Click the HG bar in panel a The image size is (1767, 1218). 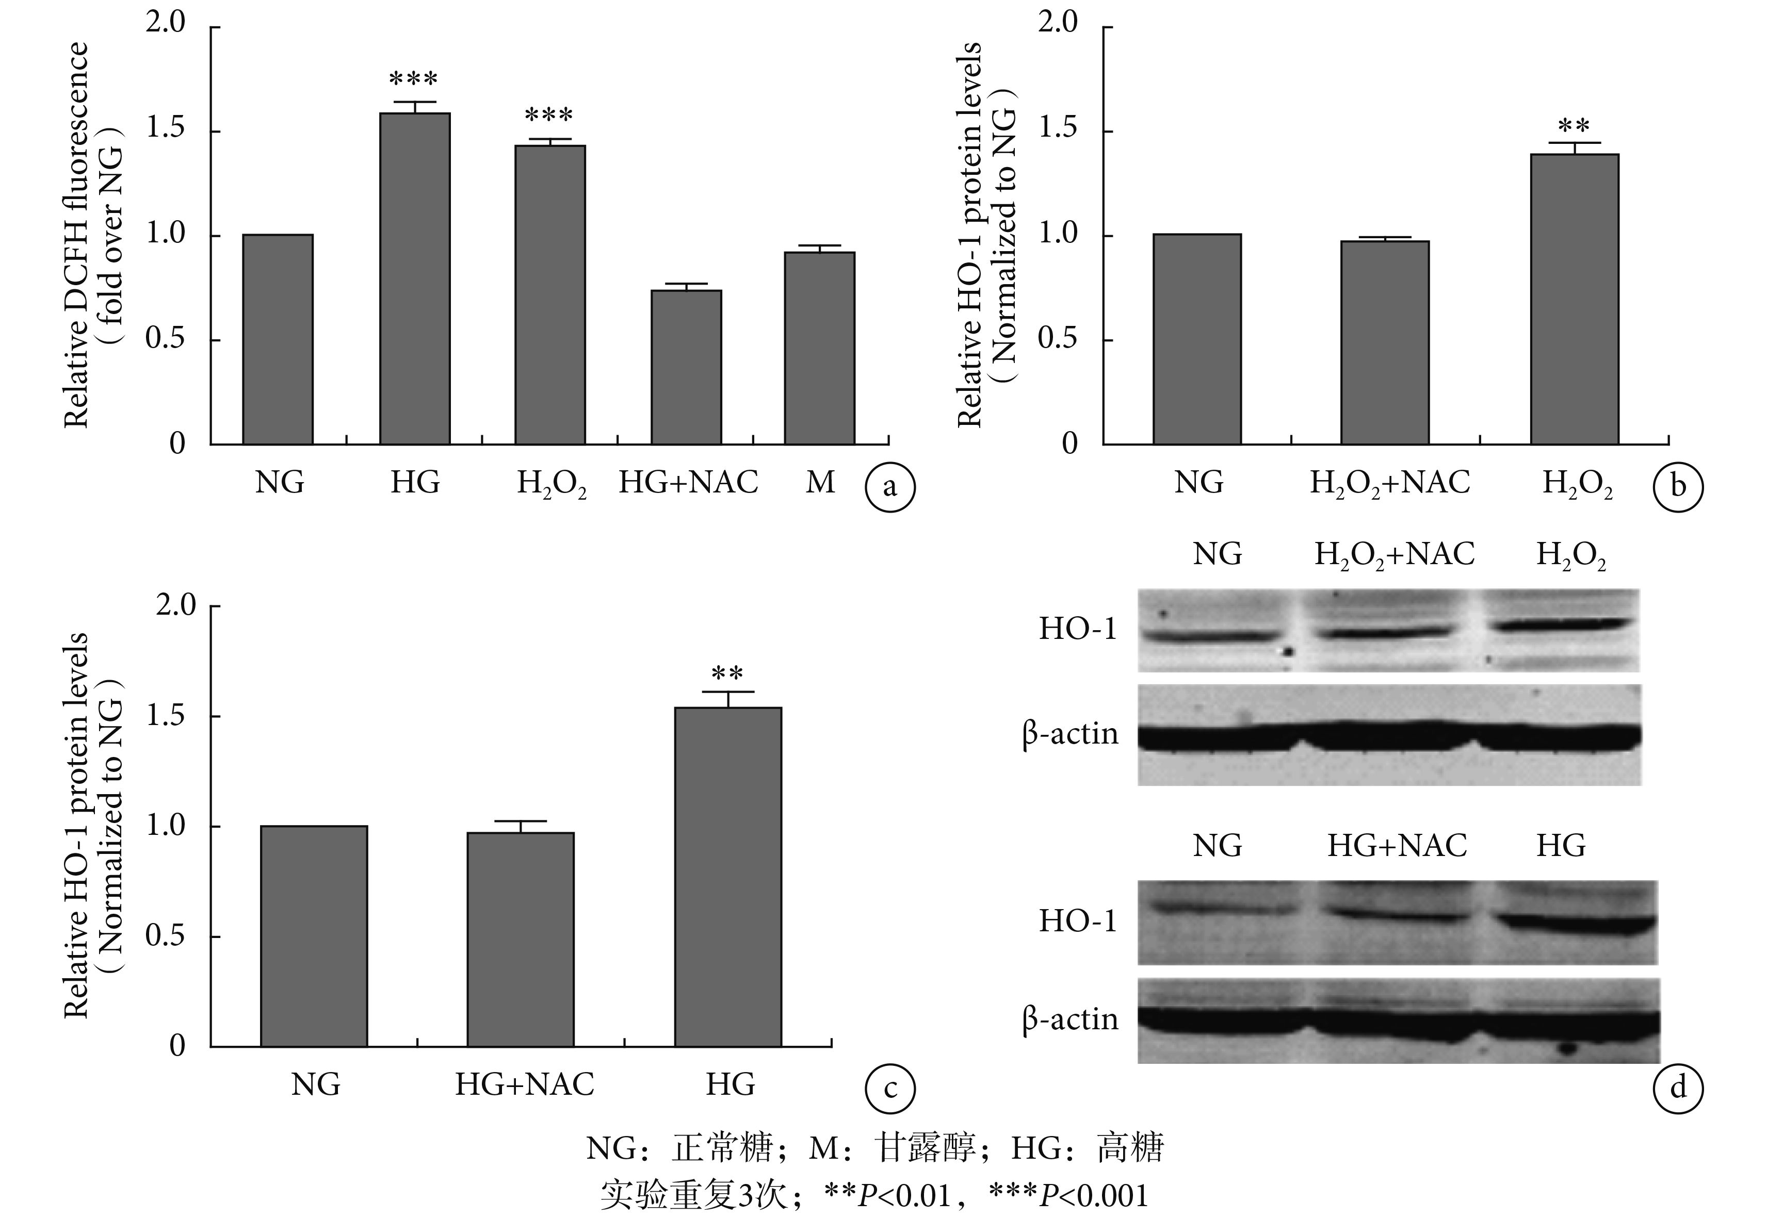(415, 278)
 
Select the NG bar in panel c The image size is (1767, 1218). (314, 935)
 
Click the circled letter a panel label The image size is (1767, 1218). (889, 486)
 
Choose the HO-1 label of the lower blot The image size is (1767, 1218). (1077, 921)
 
